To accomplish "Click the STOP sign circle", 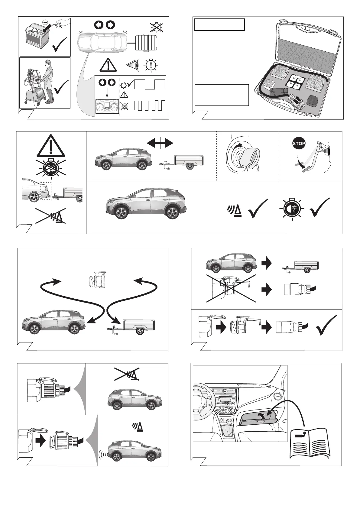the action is coord(299,144).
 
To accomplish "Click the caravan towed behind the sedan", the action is coord(147,43).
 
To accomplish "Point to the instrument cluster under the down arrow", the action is coord(107,107).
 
